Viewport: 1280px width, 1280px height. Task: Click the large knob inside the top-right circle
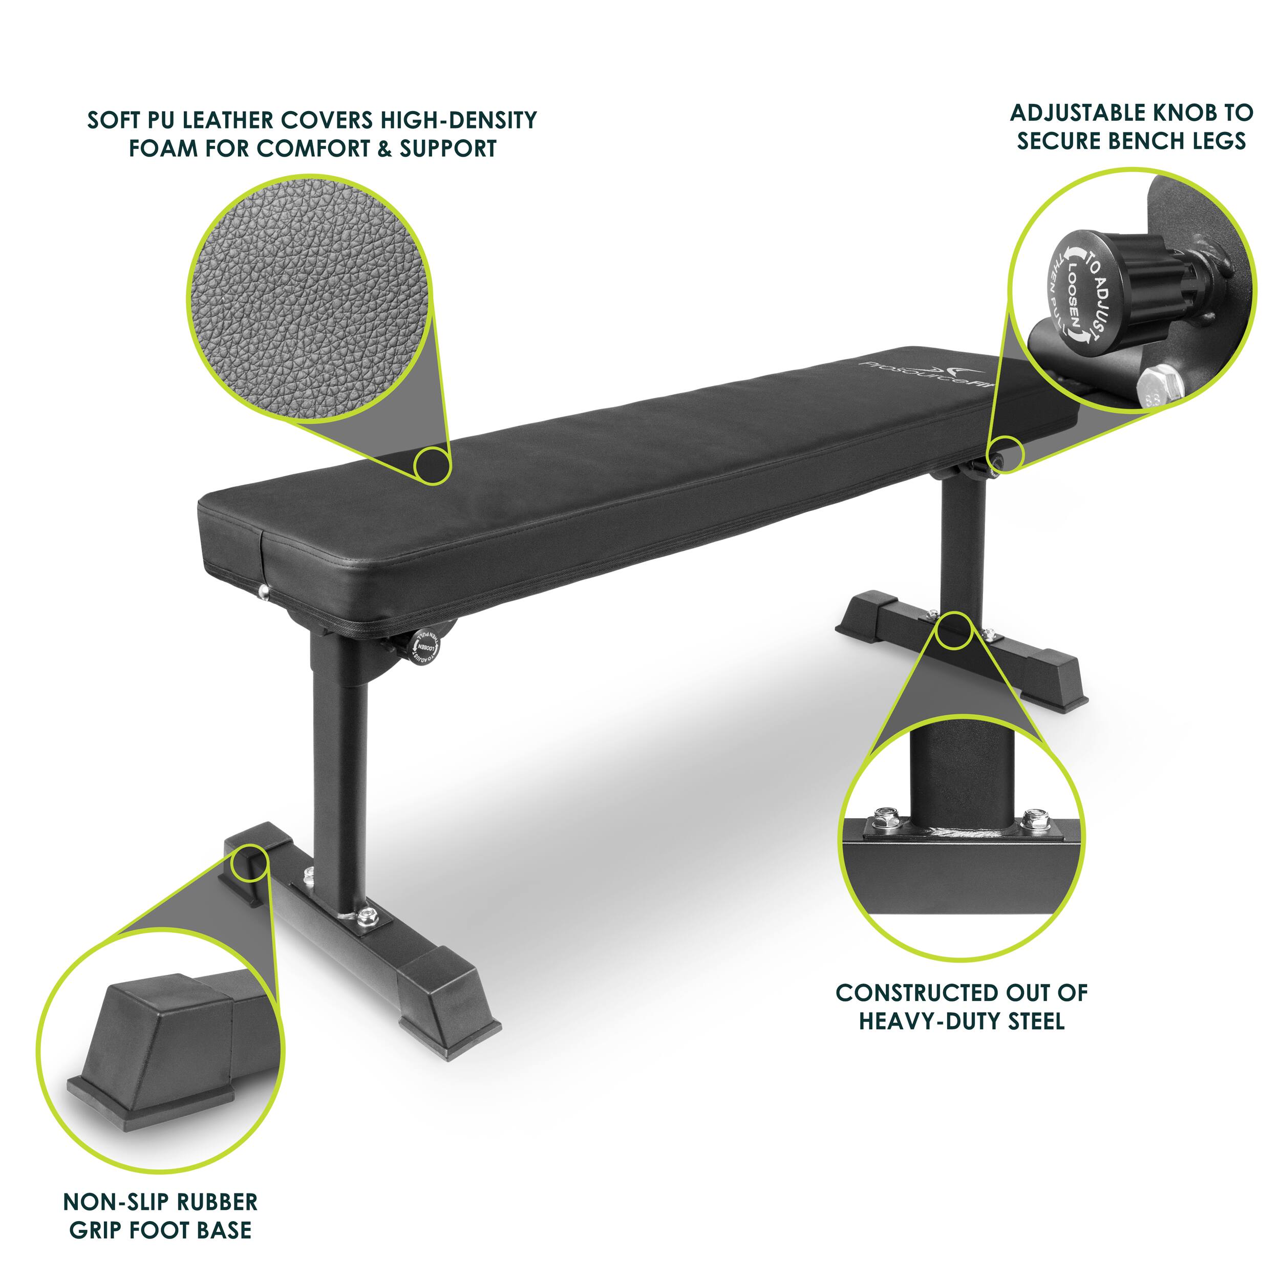point(1093,288)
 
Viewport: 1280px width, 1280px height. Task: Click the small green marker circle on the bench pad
point(432,465)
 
